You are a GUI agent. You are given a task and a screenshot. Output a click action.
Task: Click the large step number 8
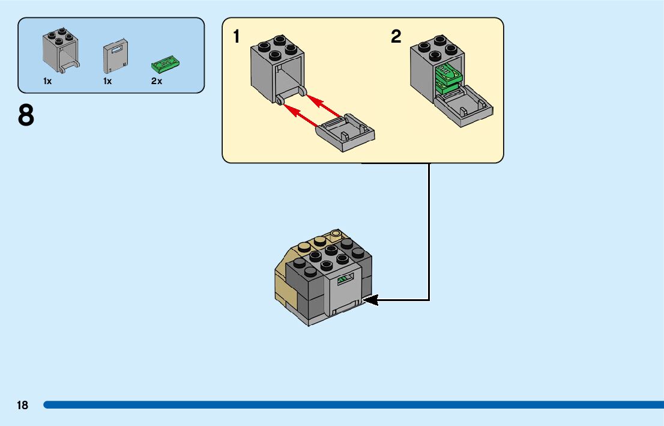click(x=26, y=115)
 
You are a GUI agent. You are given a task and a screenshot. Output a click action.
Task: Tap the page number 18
click(x=22, y=406)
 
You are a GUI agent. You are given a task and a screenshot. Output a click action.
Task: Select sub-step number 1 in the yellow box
click(x=237, y=37)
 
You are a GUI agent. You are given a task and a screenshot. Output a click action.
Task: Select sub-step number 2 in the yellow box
click(x=396, y=37)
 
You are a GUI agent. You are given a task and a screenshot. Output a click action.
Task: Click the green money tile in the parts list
click(x=165, y=62)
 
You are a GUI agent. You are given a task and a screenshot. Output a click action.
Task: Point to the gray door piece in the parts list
click(x=115, y=57)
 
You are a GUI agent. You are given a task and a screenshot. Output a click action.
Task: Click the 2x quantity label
click(x=157, y=81)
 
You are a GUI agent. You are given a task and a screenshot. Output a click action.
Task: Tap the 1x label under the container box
click(x=47, y=81)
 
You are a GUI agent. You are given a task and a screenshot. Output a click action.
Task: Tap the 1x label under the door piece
click(x=107, y=81)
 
